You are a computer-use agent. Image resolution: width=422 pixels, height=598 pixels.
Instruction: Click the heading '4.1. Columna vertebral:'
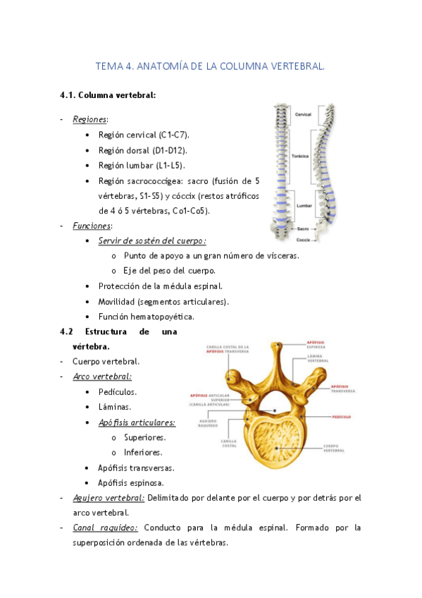(x=108, y=94)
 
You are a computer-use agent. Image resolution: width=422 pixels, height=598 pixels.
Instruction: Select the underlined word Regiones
(x=90, y=119)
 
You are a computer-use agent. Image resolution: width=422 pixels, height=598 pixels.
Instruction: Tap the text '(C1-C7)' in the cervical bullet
(x=174, y=135)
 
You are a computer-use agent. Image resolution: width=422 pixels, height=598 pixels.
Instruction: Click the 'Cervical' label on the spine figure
(x=304, y=114)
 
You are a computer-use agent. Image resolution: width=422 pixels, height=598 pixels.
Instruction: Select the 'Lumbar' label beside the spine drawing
(x=304, y=205)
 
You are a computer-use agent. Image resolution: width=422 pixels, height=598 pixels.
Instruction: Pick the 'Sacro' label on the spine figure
(x=302, y=228)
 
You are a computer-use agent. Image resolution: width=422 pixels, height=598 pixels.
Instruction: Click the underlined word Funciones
(x=92, y=226)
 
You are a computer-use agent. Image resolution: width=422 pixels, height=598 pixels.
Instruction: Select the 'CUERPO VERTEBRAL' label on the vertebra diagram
(x=335, y=448)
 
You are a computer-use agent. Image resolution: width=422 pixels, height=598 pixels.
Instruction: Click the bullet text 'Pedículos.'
(x=118, y=392)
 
